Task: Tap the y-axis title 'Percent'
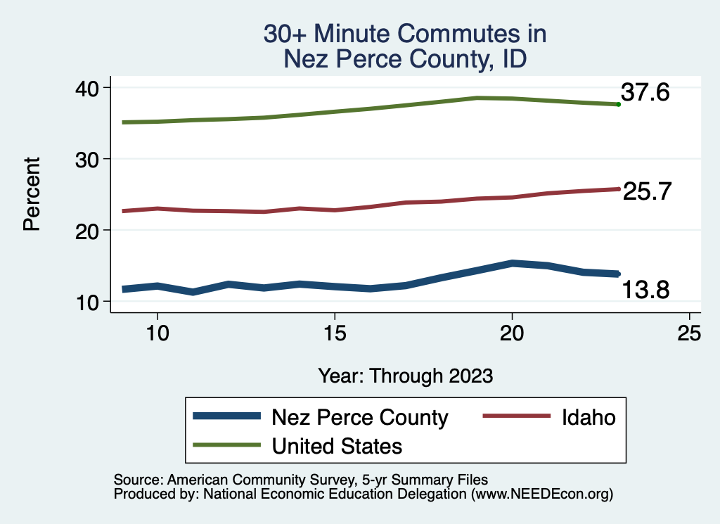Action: click(31, 194)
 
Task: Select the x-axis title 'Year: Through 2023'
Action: click(405, 375)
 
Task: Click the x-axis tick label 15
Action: click(335, 333)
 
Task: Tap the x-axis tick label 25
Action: click(690, 333)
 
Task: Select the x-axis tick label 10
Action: click(157, 333)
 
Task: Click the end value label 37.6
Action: click(645, 92)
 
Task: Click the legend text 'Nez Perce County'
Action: click(359, 417)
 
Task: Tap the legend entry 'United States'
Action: click(337, 445)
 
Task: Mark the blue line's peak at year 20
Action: click(512, 263)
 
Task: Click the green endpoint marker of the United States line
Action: click(618, 104)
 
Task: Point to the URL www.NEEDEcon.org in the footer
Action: click(541, 494)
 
